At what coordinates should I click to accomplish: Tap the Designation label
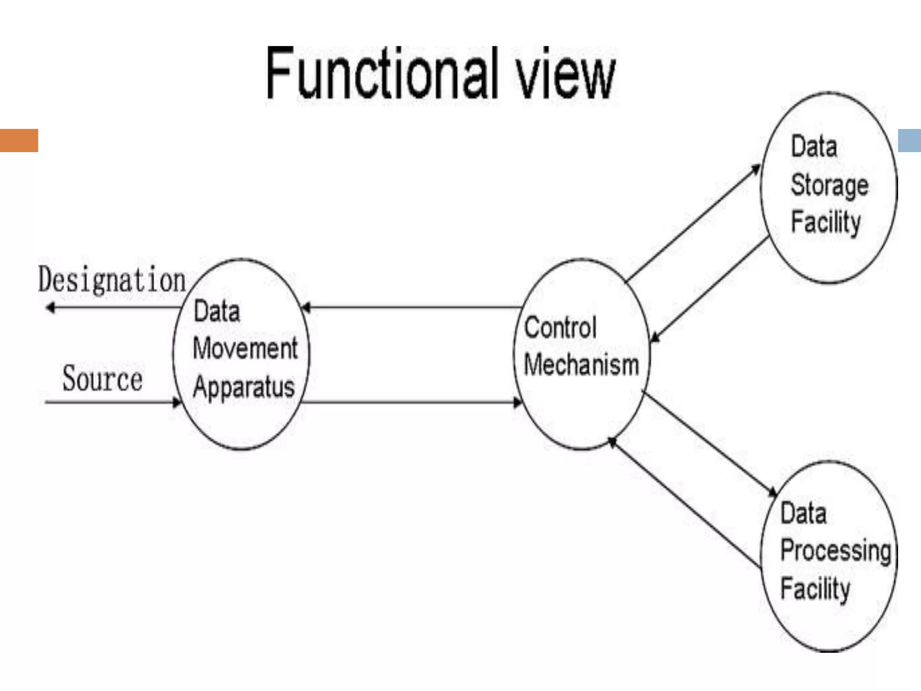[112, 280]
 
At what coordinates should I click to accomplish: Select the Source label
[102, 379]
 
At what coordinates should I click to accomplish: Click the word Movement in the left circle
[245, 348]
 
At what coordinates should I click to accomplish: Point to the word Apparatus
[244, 387]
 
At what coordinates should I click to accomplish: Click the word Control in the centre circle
[560, 327]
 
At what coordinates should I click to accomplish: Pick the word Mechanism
[581, 364]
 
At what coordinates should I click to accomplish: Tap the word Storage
[829, 186]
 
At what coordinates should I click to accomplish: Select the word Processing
[836, 551]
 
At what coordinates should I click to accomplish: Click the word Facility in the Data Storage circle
[826, 222]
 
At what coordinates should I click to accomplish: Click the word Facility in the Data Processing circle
[815, 588]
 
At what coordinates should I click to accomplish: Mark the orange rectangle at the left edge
[19, 140]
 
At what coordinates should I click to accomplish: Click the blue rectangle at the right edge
[909, 140]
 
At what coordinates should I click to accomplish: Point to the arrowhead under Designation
[50, 308]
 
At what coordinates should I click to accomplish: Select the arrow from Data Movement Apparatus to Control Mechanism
[409, 402]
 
